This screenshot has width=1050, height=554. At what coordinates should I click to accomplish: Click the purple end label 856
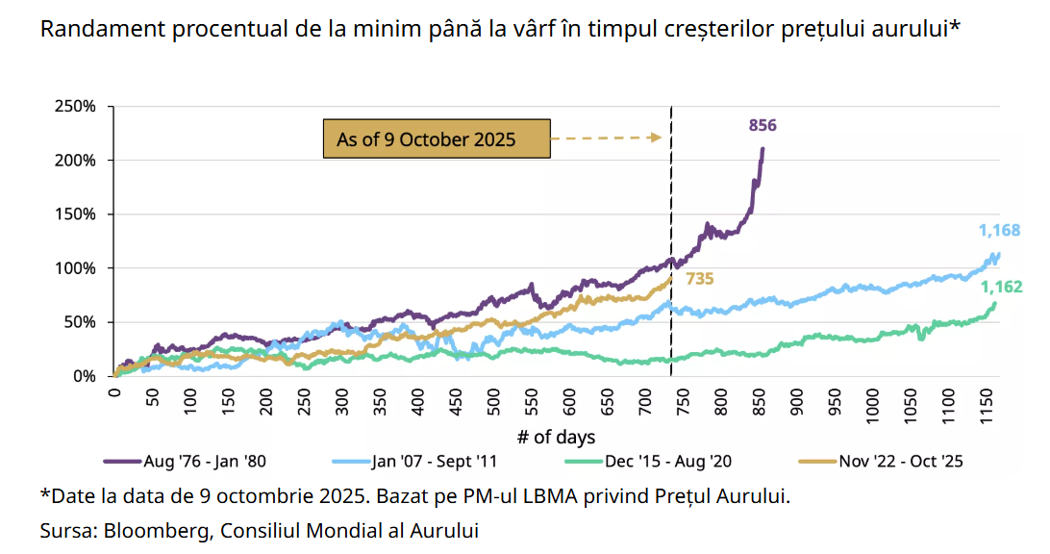(762, 125)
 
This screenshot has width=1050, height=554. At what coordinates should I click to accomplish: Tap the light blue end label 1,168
(999, 230)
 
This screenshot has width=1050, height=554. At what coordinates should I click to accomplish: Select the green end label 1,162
(999, 287)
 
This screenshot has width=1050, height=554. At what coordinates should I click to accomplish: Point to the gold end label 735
(700, 279)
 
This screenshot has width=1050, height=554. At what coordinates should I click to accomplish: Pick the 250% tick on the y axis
(75, 106)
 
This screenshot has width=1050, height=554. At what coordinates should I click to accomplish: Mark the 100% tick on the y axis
(75, 268)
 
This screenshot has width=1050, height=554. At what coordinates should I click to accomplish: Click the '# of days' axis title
(556, 437)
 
